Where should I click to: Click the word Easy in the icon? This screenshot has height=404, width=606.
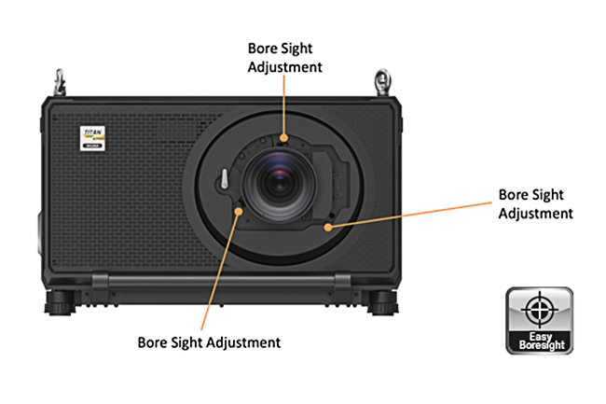pos(540,338)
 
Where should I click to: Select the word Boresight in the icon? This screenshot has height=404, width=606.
pos(540,347)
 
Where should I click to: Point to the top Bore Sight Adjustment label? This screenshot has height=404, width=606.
pos(285,57)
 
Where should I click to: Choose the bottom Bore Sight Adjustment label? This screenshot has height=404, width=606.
pos(209,342)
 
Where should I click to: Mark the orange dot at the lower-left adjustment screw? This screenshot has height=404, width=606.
pos(241,211)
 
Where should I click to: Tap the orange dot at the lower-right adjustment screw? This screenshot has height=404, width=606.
pos(329,225)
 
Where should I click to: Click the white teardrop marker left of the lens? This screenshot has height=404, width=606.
pos(225,179)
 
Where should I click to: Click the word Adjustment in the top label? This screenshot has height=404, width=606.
pos(285,66)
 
